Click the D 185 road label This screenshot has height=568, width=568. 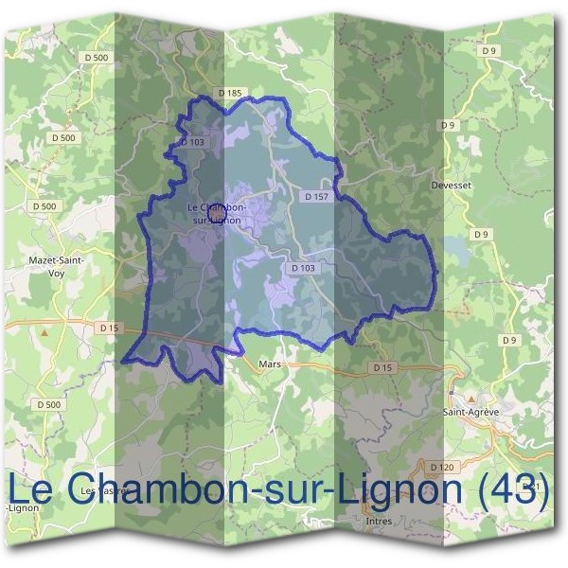pos(230,93)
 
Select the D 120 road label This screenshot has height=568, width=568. pos(440,467)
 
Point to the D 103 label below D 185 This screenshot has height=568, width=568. pos(192,141)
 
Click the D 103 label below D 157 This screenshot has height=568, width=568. pos(303,268)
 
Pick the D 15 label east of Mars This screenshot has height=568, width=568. pos(382,366)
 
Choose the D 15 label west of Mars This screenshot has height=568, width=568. pos(110,328)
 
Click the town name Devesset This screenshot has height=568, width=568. pos(450,186)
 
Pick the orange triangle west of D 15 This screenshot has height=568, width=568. pos(43,333)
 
